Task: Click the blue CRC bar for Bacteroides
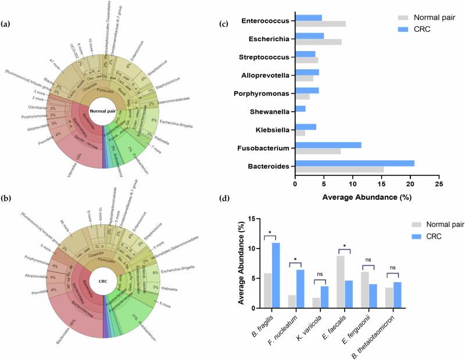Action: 355,164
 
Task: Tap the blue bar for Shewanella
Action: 300,109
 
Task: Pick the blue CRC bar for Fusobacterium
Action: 328,145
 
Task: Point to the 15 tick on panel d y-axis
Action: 254,219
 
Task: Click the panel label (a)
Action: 6,23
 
